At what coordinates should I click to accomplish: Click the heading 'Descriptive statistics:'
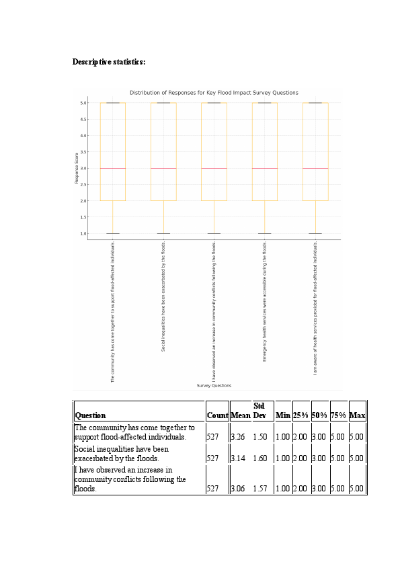click(109, 62)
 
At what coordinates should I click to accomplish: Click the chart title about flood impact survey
click(214, 93)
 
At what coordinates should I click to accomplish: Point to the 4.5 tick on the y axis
click(83, 119)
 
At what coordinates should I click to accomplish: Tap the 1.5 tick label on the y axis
click(83, 217)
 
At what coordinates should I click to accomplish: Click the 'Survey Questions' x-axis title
click(214, 386)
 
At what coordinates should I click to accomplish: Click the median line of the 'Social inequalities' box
click(163, 168)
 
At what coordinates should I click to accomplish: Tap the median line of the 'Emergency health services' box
click(264, 168)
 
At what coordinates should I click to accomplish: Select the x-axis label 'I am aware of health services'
click(315, 307)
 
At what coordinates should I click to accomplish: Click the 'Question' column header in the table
click(90, 415)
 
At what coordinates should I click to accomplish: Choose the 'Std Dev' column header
click(259, 411)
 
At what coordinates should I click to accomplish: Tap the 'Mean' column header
click(240, 415)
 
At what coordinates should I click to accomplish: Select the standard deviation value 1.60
click(260, 458)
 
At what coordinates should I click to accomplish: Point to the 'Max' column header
click(357, 415)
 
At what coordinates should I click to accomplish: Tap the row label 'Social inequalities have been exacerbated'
click(121, 454)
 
